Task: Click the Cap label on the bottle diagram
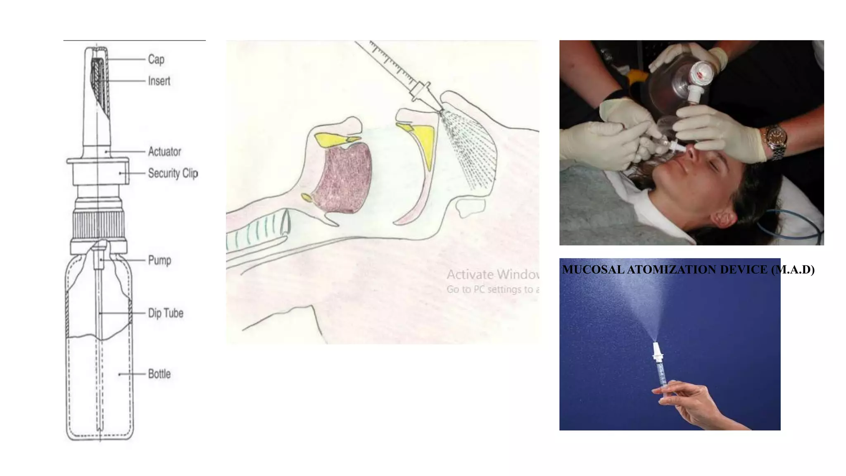point(156,59)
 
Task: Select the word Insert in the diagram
point(159,81)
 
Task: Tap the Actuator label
point(164,152)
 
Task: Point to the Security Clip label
point(173,173)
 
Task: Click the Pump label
point(159,260)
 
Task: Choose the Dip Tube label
point(165,313)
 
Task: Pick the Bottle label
point(159,374)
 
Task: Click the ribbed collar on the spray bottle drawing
point(98,225)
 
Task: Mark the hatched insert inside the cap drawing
point(99,83)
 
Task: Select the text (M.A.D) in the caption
point(793,270)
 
